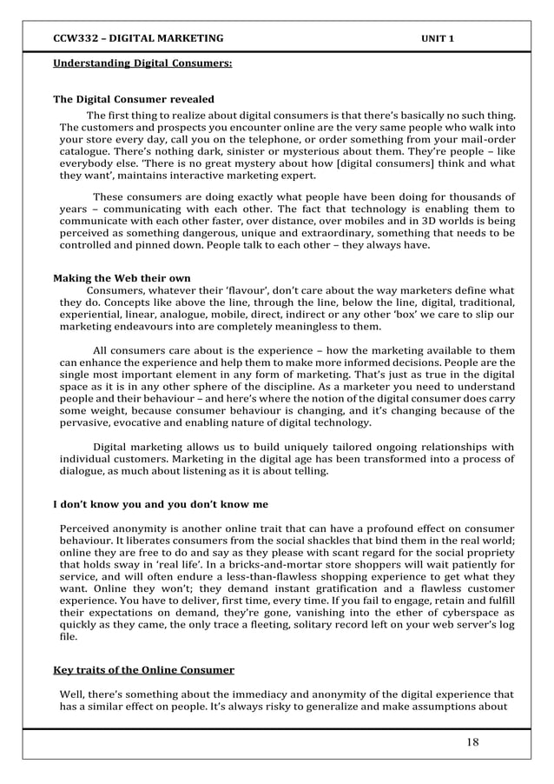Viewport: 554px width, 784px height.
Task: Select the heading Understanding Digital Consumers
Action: click(142, 63)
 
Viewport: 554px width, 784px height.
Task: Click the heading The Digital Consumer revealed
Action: click(134, 99)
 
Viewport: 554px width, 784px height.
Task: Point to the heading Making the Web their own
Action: click(122, 278)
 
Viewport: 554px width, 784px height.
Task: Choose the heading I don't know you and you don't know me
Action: click(161, 504)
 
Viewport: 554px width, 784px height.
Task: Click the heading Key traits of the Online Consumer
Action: click(143, 670)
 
